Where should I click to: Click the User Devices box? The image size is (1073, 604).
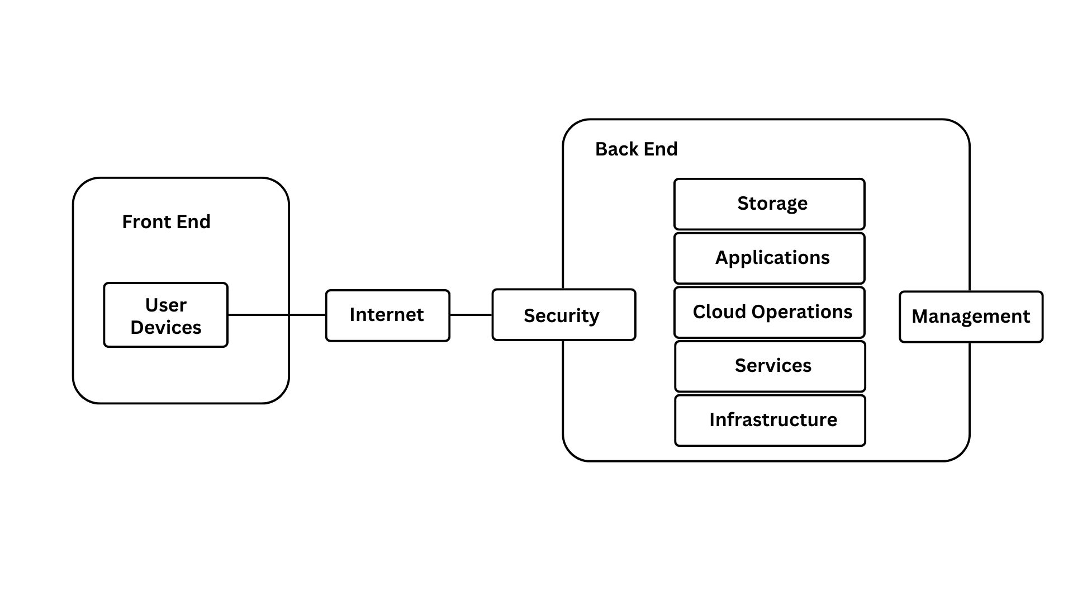[165, 315]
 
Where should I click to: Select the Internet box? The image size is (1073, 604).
[387, 315]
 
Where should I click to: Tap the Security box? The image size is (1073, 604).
[563, 315]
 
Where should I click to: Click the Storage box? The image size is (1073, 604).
[770, 204]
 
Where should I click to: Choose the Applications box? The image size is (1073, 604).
[770, 258]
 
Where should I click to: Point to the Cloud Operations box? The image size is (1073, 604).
[770, 312]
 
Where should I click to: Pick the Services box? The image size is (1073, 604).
[770, 366]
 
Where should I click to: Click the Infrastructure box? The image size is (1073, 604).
[770, 421]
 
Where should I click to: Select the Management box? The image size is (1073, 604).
[971, 317]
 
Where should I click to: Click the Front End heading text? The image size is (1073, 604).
[166, 222]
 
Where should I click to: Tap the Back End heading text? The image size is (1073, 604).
[636, 149]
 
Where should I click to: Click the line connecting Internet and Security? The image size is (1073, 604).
[471, 315]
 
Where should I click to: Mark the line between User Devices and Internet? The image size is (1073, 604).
[277, 315]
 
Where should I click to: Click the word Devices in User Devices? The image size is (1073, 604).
[166, 328]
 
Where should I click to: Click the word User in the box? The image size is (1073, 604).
[166, 305]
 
